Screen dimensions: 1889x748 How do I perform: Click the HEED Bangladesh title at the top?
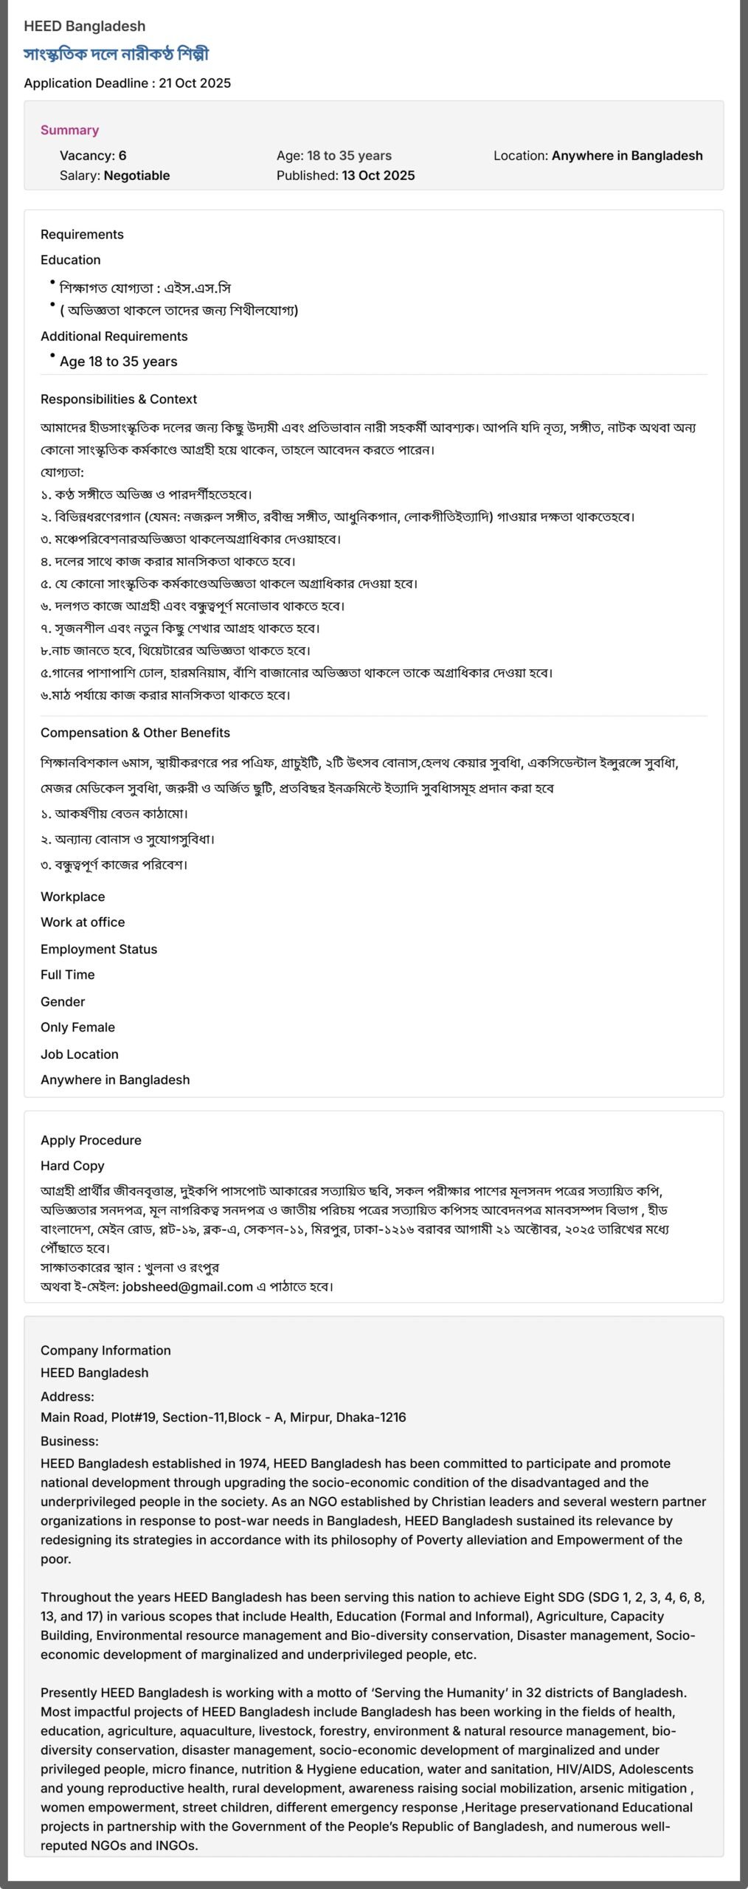(84, 26)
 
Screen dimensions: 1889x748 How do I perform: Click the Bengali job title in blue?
(116, 54)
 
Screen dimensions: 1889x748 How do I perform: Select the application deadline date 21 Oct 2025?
(195, 83)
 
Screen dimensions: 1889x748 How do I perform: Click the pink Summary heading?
(69, 130)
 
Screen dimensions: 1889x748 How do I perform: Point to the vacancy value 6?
(122, 156)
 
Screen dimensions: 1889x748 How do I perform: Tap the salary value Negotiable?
(136, 176)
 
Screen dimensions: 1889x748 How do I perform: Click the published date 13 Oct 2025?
(378, 176)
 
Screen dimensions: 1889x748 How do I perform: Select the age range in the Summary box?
(349, 156)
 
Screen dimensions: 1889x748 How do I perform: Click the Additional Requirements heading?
(114, 336)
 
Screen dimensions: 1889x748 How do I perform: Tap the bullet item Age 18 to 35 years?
(118, 362)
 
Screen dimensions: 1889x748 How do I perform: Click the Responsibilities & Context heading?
(118, 399)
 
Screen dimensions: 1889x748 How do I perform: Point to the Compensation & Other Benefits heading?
(135, 733)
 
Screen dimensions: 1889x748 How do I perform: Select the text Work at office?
(83, 922)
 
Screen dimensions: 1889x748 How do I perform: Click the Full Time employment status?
(67, 975)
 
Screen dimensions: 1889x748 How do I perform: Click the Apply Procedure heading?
(91, 1140)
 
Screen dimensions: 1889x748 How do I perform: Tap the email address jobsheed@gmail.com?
(187, 1287)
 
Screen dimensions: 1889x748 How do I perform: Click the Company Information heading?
(105, 1350)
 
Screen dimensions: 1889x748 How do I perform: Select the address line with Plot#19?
(223, 1417)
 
